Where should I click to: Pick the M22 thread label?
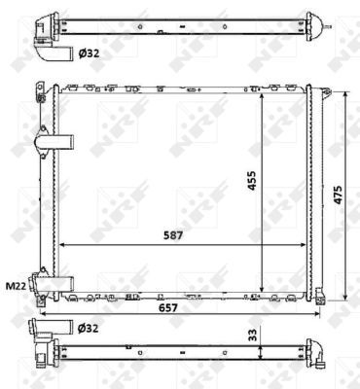[16, 286]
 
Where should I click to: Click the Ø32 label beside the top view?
[88, 54]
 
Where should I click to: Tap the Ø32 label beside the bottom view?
[88, 327]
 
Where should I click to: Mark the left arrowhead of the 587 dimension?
[62, 243]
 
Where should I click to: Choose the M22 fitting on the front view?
[46, 283]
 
